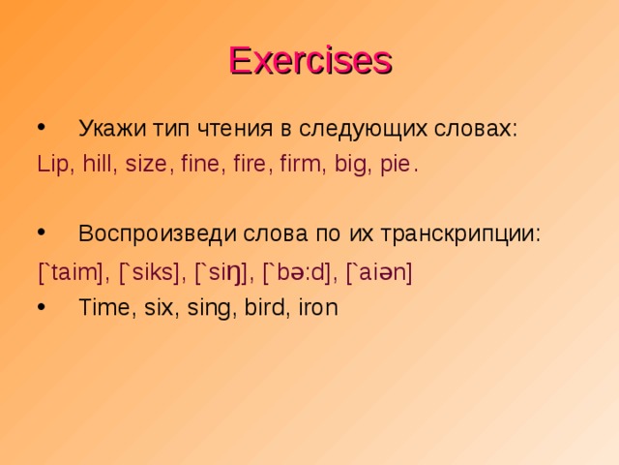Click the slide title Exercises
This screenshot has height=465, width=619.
point(309,60)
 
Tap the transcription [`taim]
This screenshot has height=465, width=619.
point(73,273)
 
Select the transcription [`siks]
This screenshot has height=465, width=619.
point(153,273)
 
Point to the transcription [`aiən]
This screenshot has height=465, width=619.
point(379,273)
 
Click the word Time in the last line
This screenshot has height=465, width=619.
point(102,308)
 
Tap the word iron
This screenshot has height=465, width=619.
point(316,308)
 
